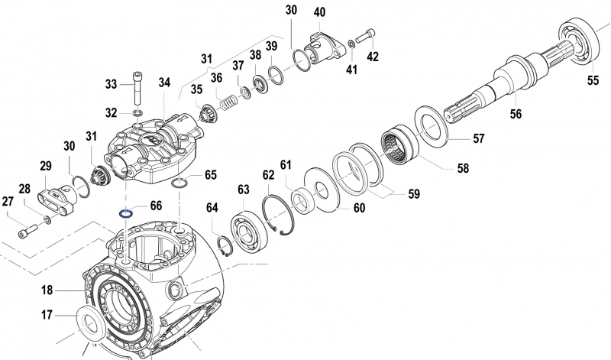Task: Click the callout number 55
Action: click(x=593, y=79)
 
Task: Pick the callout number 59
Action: click(x=413, y=194)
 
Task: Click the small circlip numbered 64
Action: click(x=225, y=245)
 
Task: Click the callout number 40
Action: click(x=319, y=12)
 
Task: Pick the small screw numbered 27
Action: click(x=28, y=227)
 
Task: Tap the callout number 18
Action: click(x=47, y=290)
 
